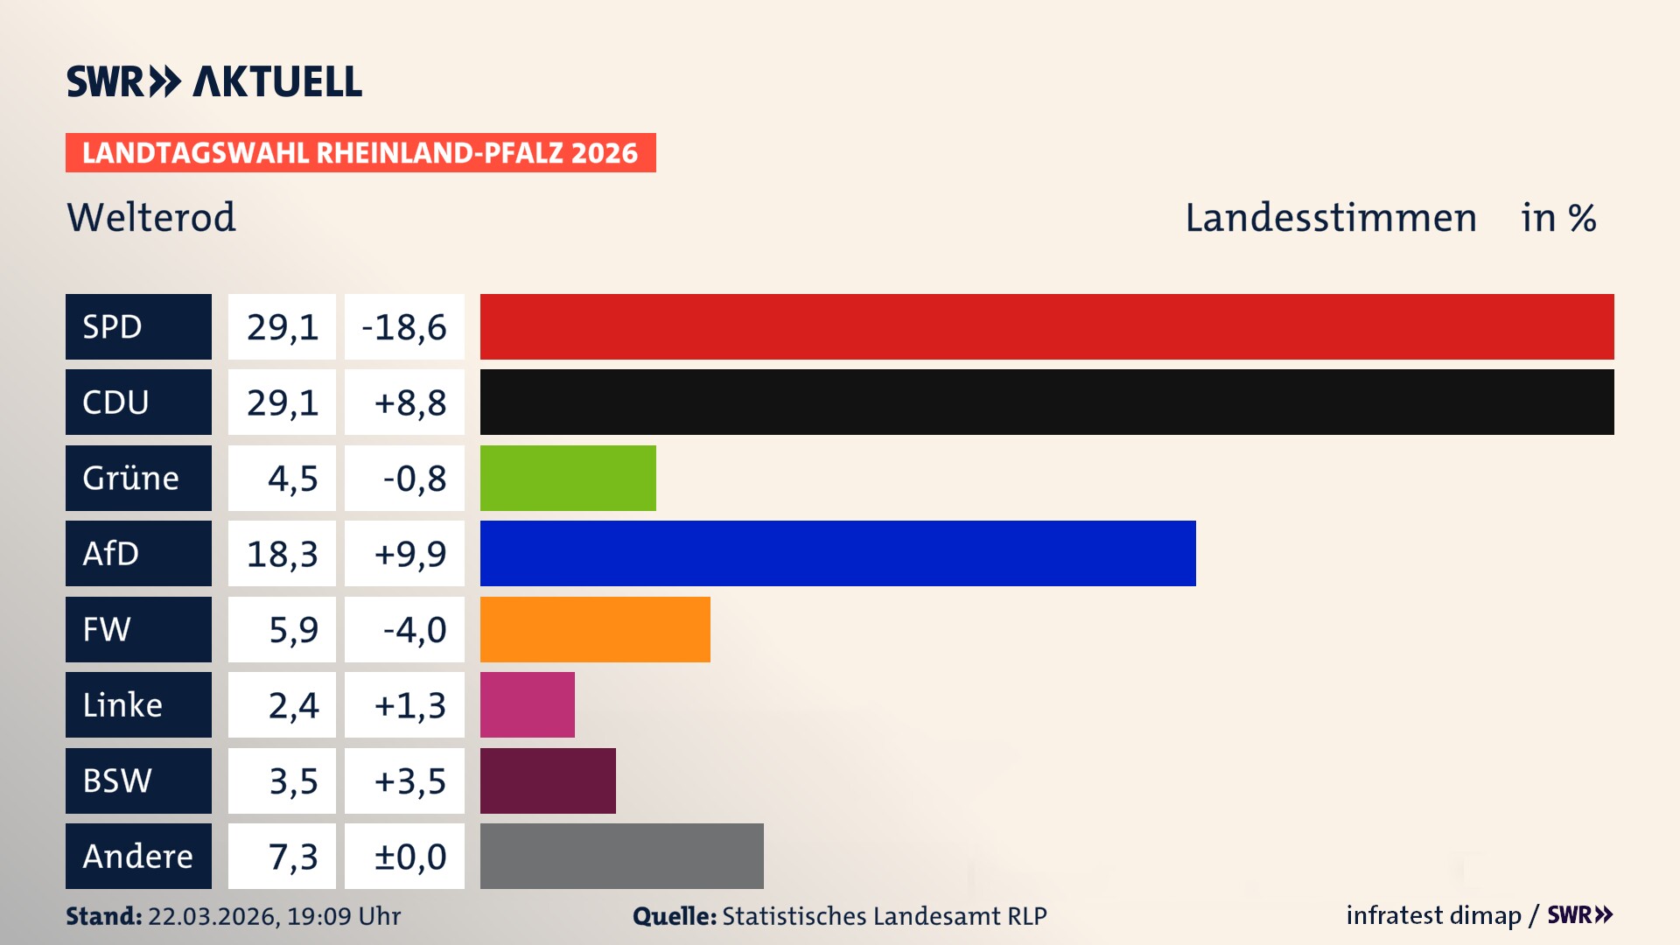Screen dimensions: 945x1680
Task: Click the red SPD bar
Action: pos(1046,326)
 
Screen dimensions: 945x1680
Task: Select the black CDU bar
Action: pos(1046,402)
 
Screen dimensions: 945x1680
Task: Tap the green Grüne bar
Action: pos(568,478)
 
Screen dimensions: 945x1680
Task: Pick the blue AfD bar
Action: pos(837,553)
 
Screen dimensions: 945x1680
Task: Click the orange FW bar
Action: pos(595,629)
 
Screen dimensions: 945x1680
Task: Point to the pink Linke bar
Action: pos(527,704)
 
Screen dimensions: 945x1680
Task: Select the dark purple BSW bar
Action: pos(548,780)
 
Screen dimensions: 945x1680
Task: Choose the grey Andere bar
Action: pos(621,856)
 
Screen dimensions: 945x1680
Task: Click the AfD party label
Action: pos(138,553)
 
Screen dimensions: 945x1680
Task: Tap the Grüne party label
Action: pos(138,478)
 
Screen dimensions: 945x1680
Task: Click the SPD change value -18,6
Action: pos(404,326)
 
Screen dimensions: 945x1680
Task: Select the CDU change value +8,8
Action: pos(404,402)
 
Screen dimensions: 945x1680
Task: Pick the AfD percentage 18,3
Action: pos(282,553)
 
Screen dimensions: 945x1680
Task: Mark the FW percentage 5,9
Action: pos(282,629)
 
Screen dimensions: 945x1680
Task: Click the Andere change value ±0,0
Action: pos(404,856)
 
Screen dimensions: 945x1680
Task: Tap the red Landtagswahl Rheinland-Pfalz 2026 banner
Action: pos(360,152)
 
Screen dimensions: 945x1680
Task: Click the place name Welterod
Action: pos(151,217)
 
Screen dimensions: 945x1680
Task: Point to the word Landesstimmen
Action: pos(1330,217)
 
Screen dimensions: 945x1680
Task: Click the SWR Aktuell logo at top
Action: pos(214,81)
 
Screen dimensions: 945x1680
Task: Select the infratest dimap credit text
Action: pos(1433,915)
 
